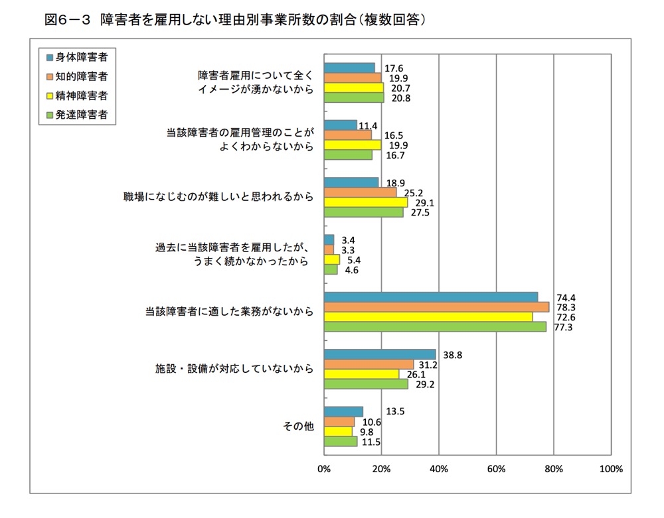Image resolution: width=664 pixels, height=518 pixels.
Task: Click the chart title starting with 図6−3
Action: [234, 20]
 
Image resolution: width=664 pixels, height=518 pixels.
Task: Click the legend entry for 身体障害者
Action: [76, 56]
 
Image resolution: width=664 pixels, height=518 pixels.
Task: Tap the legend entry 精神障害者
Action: [76, 96]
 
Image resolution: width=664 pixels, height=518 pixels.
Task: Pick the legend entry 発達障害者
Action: [76, 115]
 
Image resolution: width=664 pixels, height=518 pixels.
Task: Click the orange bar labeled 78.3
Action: [436, 307]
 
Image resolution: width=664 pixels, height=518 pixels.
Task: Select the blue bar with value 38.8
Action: [379, 355]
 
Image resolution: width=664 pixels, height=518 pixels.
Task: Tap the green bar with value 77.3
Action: [435, 326]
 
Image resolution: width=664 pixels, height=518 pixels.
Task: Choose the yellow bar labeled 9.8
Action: [338, 432]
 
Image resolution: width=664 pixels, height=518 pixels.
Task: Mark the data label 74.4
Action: [564, 296]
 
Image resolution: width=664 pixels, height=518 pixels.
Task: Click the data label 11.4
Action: [369, 125]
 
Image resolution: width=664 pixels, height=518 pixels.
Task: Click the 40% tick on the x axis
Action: [438, 469]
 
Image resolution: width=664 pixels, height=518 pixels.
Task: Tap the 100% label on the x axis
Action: [610, 469]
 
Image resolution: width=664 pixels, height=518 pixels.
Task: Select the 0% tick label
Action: [324, 469]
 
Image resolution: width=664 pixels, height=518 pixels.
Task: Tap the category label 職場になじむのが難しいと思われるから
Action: [218, 197]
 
